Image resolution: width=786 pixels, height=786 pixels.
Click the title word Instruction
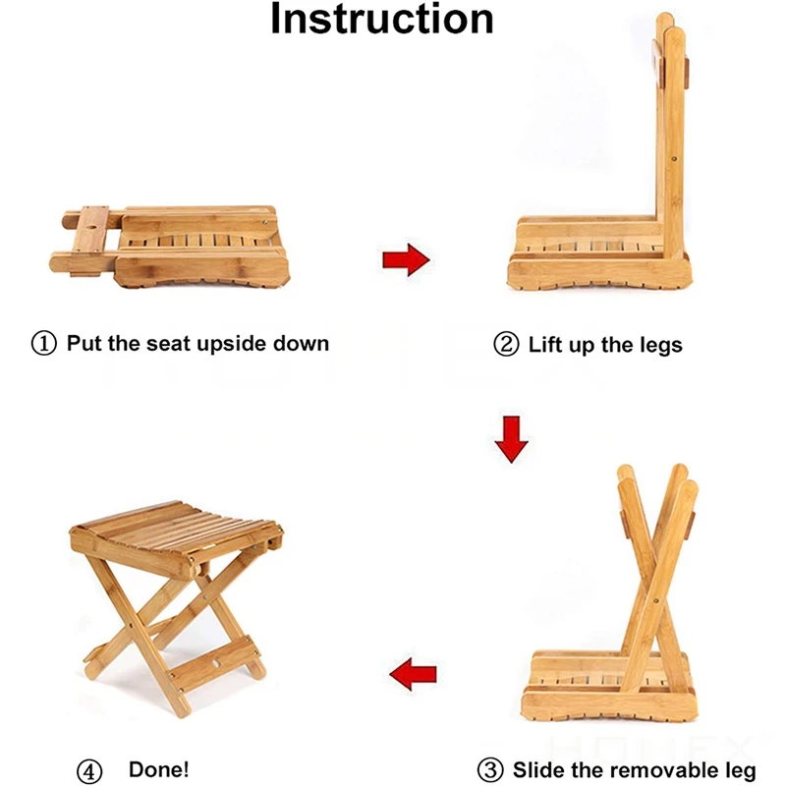point(382,20)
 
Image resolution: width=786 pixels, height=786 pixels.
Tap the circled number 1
point(45,344)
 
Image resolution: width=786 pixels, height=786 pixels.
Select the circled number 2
point(506,345)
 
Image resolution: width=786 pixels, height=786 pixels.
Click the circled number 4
point(89,768)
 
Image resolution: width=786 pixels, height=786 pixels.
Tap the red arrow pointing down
point(511,438)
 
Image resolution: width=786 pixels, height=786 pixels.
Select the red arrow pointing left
point(413,675)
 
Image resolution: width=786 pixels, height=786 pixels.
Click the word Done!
point(159,768)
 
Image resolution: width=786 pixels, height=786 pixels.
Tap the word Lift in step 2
point(545,345)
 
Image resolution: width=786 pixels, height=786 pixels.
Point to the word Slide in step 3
point(539,768)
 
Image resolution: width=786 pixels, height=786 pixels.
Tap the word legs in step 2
point(657,345)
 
